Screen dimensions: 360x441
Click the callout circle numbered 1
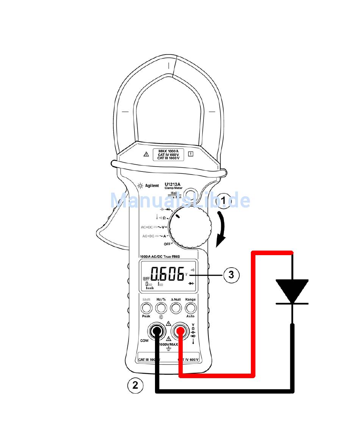(223, 201)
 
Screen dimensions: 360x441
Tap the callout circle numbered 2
(135, 385)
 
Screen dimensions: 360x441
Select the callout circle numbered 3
(231, 275)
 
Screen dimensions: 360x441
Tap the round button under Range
(190, 307)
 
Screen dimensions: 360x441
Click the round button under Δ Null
(175, 307)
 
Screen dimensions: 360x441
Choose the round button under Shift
(146, 307)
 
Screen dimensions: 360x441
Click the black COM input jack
(156, 332)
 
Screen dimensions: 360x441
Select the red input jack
(180, 332)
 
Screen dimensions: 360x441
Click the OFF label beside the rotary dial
(167, 244)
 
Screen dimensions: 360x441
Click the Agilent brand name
(152, 186)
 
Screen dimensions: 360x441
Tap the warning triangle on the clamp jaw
(146, 154)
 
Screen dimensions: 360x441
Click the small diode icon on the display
(191, 283)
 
